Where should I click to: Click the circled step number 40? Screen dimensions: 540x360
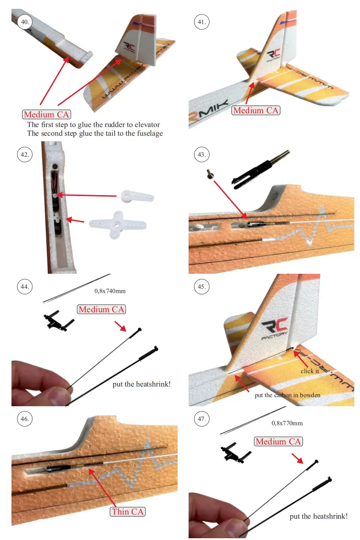25,22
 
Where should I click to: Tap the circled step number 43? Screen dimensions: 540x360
201,154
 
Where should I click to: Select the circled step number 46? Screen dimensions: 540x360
25,419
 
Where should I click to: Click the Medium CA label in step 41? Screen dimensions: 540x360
256,110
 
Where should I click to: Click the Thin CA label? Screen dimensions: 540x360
128,512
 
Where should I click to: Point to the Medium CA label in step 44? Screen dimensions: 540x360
101,310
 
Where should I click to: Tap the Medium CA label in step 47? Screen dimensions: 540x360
278,442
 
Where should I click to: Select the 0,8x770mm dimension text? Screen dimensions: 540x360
287,423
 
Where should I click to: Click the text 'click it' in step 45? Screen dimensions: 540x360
310,371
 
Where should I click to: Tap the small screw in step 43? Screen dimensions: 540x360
210,174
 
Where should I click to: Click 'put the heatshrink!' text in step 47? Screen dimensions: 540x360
318,516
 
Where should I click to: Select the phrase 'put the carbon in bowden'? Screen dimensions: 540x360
287,395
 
